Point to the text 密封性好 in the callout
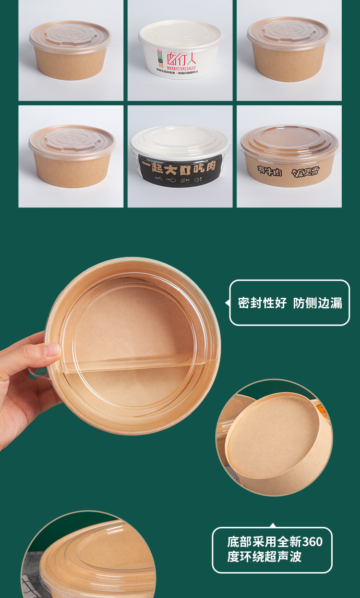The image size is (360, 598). click(262, 303)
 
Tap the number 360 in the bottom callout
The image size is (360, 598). click(312, 542)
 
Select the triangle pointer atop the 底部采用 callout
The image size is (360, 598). click(273, 525)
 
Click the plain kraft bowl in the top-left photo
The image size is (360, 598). click(71, 50)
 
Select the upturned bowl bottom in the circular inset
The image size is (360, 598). click(274, 437)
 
